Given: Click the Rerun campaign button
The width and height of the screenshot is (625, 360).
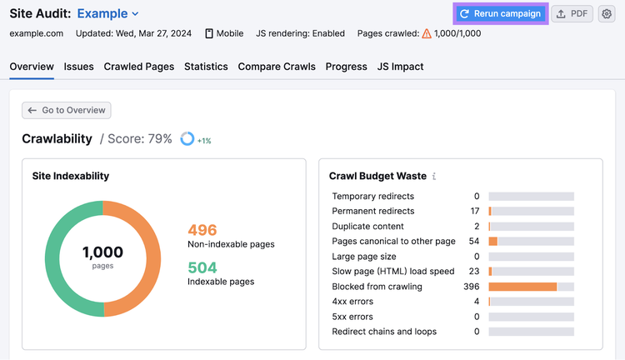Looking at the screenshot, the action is (x=501, y=14).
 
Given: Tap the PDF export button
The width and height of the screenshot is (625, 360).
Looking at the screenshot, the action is (x=572, y=14).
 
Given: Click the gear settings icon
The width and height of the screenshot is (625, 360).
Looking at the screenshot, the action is (x=607, y=14).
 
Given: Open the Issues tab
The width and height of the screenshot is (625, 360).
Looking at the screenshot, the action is (x=78, y=67).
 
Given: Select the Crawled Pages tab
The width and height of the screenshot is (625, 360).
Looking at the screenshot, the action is (x=138, y=67).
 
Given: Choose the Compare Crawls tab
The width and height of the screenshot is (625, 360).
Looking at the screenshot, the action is (x=277, y=67).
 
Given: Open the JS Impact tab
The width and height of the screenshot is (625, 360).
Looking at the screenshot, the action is (x=400, y=67).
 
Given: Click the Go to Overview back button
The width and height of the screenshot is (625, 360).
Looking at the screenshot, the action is (x=67, y=111).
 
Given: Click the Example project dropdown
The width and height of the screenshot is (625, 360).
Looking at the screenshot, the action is (x=107, y=13).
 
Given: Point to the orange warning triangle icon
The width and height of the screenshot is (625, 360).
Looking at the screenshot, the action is (x=427, y=33).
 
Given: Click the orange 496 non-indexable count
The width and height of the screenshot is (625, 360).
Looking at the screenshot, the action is (x=202, y=230).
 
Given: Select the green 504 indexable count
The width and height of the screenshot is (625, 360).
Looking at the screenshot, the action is (x=202, y=267).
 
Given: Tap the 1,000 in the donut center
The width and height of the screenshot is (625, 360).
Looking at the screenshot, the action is (x=102, y=252).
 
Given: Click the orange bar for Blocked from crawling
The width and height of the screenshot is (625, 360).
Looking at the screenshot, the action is (x=522, y=287).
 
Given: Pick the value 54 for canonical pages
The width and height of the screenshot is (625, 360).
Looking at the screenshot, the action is (x=474, y=241).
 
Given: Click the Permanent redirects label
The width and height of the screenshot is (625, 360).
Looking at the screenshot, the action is (x=373, y=211).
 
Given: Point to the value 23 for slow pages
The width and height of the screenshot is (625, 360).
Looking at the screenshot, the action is (x=474, y=272).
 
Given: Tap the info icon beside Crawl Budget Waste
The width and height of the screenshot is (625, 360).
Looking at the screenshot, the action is (x=434, y=176).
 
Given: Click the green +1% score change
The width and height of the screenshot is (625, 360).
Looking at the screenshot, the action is (x=204, y=141).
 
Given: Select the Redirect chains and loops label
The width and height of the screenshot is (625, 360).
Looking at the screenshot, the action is (x=384, y=332).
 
